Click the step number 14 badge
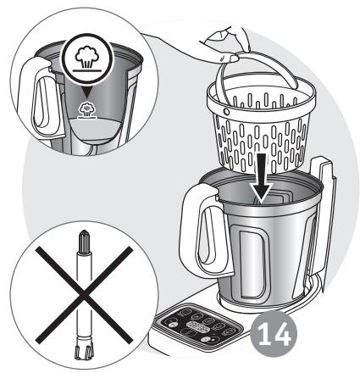[274, 334]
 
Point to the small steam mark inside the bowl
[87, 110]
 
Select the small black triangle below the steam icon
[87, 92]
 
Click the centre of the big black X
[84, 294]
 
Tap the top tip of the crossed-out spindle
[85, 231]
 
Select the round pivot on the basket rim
[226, 112]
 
